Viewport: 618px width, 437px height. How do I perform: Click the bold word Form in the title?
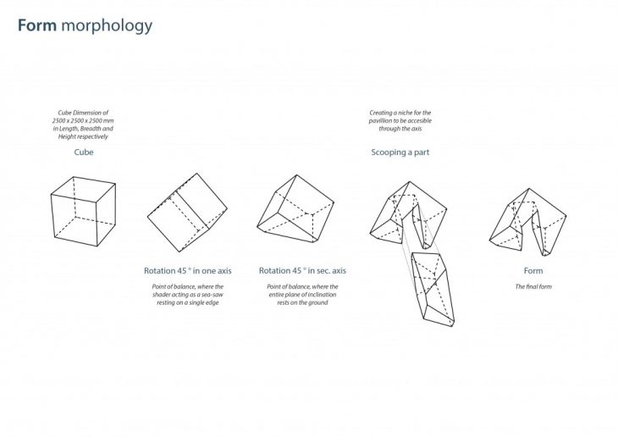(36, 25)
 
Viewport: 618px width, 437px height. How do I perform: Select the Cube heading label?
(82, 154)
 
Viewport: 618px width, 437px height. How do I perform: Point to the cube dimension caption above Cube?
(83, 124)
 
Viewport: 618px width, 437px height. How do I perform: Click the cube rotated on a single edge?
(188, 213)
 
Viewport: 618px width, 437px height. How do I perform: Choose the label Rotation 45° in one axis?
(187, 270)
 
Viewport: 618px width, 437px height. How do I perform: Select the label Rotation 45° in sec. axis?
(302, 270)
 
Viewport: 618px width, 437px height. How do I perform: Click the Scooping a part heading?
(400, 152)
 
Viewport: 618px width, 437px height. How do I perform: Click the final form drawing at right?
(528, 219)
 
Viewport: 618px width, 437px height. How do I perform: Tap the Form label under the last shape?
(533, 270)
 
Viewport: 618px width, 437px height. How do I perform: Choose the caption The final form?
(533, 286)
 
